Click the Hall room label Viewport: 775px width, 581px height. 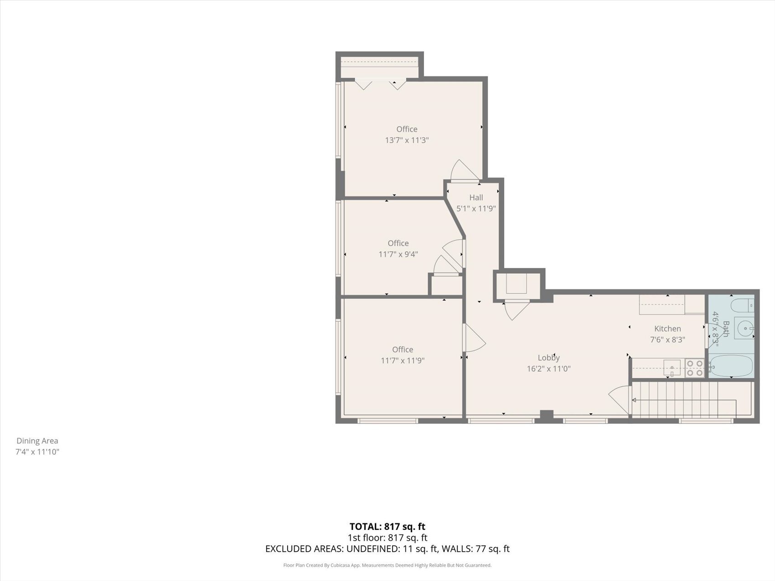click(x=476, y=197)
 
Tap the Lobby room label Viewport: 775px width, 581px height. click(x=548, y=358)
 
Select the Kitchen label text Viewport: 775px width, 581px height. click(x=667, y=329)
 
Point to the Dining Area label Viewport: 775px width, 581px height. click(x=37, y=441)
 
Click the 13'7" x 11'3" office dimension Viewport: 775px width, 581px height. click(x=407, y=140)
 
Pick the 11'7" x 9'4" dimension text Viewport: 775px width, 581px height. click(x=398, y=254)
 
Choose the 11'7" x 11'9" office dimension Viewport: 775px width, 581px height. click(x=403, y=360)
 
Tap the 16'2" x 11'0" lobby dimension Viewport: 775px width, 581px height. click(x=548, y=369)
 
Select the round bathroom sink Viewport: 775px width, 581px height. click(x=744, y=327)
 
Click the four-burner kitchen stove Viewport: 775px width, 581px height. click(x=695, y=368)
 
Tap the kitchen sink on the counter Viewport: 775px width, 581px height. click(x=672, y=367)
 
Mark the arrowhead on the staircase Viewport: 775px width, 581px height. click(x=634, y=400)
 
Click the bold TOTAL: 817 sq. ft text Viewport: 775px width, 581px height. click(x=387, y=527)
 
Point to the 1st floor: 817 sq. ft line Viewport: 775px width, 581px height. click(x=387, y=538)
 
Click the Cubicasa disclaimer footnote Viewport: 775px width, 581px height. click(x=387, y=566)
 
